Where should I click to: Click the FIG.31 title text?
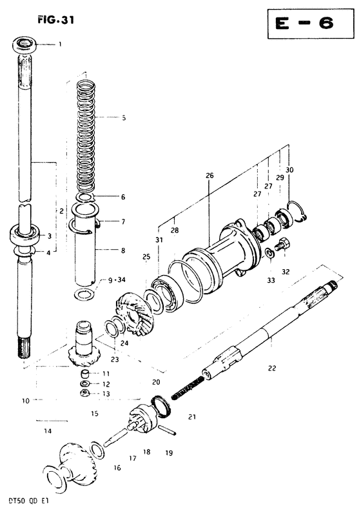(x=55, y=20)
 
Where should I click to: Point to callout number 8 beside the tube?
(x=122, y=250)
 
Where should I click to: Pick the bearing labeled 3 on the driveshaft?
(x=24, y=236)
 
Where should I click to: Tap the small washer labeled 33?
(x=269, y=253)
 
